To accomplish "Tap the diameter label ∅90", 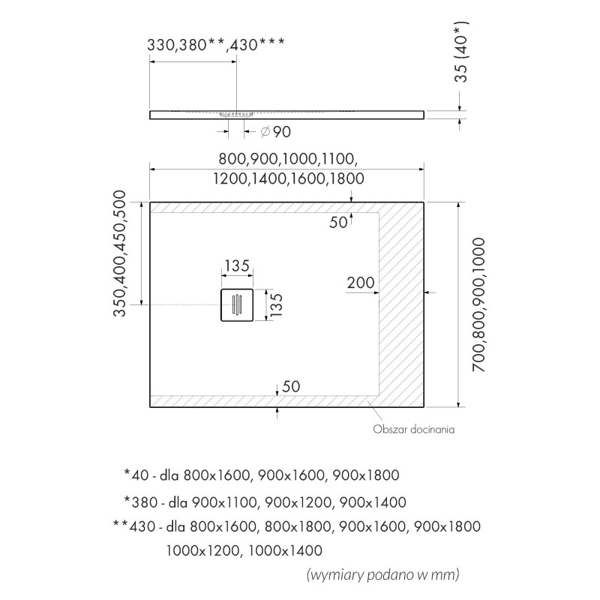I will [x=275, y=132].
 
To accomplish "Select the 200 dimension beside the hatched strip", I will [x=361, y=282].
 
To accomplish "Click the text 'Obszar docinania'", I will [x=414, y=430].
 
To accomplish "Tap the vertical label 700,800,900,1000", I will [x=479, y=300].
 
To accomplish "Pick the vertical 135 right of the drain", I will [x=276, y=306].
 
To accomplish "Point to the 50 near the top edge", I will [x=339, y=222].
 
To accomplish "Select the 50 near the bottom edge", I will [x=292, y=387].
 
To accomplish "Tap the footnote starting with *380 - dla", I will [x=265, y=502].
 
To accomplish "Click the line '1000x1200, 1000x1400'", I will [x=244, y=550].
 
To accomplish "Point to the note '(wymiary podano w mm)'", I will [x=382, y=575].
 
